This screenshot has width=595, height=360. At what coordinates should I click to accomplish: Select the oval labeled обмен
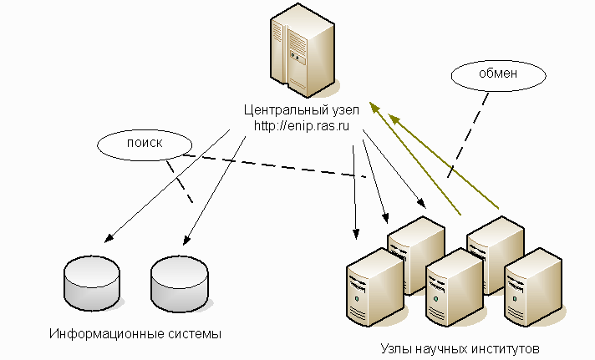click(497, 74)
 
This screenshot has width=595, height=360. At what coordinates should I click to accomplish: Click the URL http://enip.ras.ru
click(301, 125)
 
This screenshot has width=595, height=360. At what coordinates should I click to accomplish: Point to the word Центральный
click(281, 110)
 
